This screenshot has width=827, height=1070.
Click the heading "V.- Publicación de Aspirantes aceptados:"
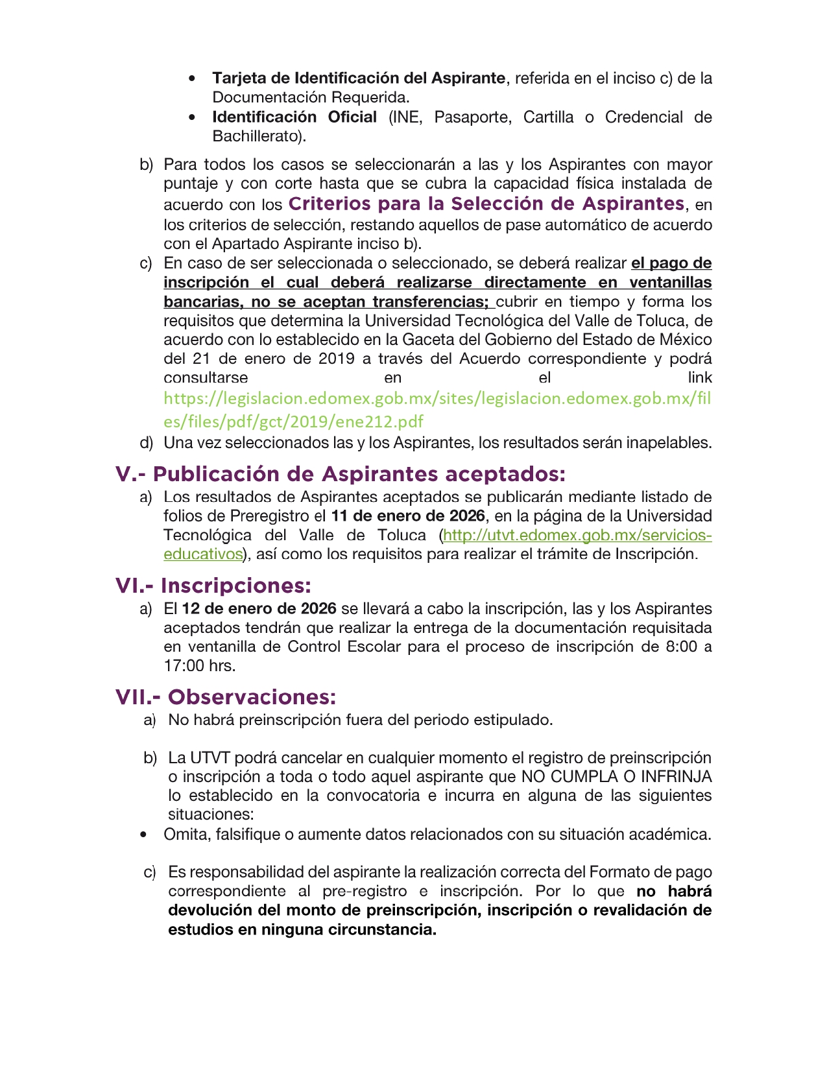pyautogui.click(x=340, y=474)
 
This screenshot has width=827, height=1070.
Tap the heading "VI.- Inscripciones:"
pyautogui.click(x=213, y=586)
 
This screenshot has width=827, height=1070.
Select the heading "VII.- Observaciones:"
pyautogui.click(x=226, y=697)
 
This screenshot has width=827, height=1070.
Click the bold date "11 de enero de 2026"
pyautogui.click(x=408, y=516)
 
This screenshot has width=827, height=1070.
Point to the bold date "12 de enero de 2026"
pyautogui.click(x=259, y=609)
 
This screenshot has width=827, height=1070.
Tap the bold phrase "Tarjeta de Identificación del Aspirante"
pyautogui.click(x=359, y=78)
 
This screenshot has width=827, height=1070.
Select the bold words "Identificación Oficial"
pyautogui.click(x=294, y=117)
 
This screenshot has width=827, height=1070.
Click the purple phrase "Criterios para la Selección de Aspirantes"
pyautogui.click(x=486, y=204)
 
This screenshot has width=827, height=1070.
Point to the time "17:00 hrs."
pyautogui.click(x=200, y=666)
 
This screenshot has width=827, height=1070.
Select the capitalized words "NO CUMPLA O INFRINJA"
pyautogui.click(x=616, y=777)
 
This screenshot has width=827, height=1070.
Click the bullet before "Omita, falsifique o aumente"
pyautogui.click(x=143, y=835)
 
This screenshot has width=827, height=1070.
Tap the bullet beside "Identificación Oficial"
pyautogui.click(x=192, y=117)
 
